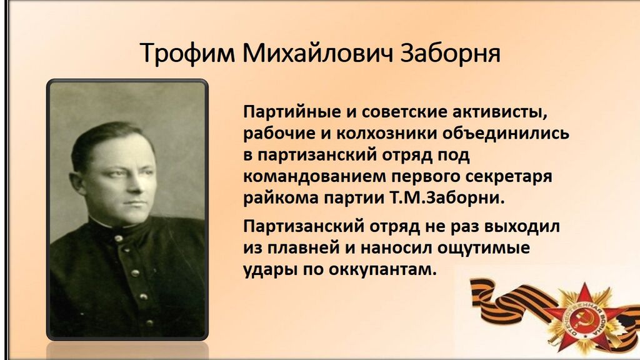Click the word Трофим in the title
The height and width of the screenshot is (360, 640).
pyautogui.click(x=187, y=53)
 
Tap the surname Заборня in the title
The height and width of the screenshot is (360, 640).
pyautogui.click(x=450, y=53)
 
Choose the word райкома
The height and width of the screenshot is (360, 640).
pyautogui.click(x=281, y=199)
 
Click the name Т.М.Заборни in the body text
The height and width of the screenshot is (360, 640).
pyautogui.click(x=444, y=198)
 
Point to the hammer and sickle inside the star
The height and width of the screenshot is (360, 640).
pyautogui.click(x=582, y=317)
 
